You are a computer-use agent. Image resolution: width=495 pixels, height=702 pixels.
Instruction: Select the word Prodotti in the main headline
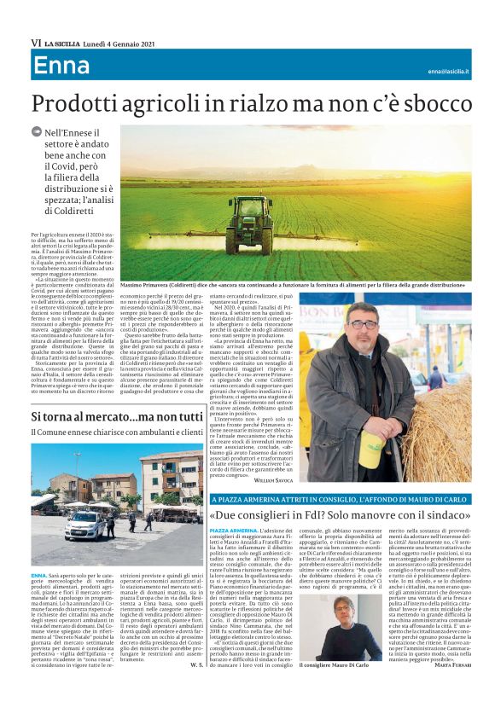click(72, 104)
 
